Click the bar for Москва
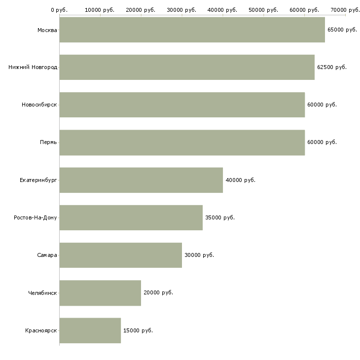coord(192,30)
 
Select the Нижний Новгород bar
coord(187,67)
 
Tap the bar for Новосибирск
coord(182,105)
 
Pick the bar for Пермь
coord(182,143)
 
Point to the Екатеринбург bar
coord(141,180)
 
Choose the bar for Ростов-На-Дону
coord(131,217)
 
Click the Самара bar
coord(121,255)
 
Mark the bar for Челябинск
coord(100,293)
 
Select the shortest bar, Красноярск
coord(90,330)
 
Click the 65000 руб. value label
coord(342,30)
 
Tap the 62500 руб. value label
coord(332,67)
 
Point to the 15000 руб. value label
coord(138,330)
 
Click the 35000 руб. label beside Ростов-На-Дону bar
coord(220,217)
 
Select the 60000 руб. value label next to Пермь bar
coord(322,143)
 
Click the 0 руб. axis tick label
coord(59,10)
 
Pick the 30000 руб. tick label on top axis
coord(181,10)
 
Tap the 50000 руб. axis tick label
coord(263,10)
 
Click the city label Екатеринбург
coord(38,180)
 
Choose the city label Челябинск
coord(42,293)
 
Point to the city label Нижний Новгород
coord(33,67)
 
